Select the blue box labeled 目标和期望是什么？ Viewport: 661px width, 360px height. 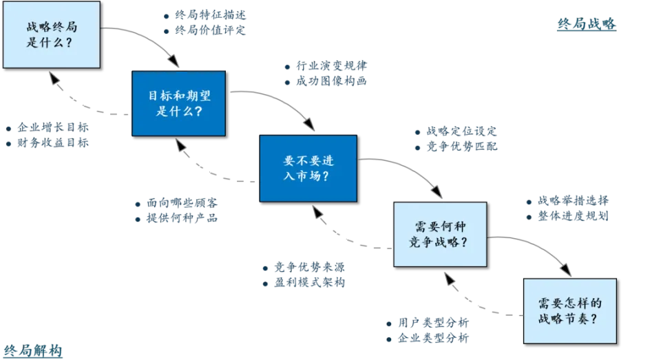[178, 103]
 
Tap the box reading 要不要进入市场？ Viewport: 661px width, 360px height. [308, 168]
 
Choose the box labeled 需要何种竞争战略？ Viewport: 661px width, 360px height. [439, 234]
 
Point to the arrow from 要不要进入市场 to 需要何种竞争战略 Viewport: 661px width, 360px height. [406, 169]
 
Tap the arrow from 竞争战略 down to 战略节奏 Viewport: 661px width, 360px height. [537, 245]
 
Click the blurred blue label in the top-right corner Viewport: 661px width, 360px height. [586, 25]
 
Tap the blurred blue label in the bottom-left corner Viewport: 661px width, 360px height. [32, 349]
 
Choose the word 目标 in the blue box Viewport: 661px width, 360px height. [157, 96]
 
